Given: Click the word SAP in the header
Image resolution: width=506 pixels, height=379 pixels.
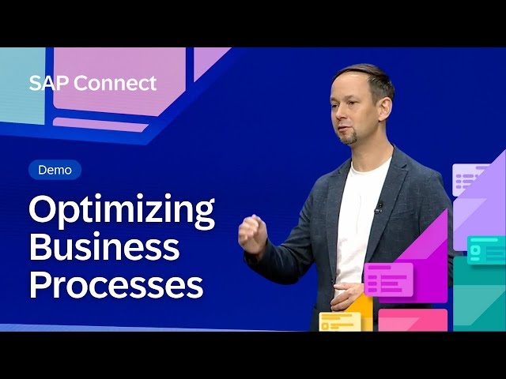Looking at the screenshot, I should point(46,84).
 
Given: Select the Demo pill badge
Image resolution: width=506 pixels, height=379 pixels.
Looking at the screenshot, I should point(55,170).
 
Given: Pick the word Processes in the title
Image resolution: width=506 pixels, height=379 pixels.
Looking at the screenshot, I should point(116,283).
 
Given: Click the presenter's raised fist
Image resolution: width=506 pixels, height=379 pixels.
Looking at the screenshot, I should point(252,233).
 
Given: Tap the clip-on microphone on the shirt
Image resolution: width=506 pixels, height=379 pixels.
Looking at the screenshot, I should point(379,208).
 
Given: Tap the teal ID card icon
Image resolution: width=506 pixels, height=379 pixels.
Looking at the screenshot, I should point(485,250).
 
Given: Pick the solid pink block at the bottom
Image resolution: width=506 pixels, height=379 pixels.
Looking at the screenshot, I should point(412,320).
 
